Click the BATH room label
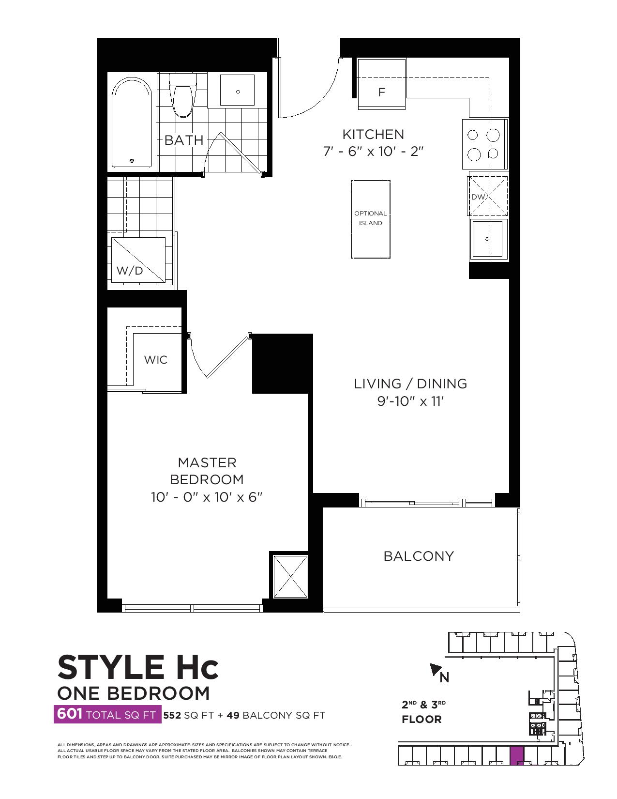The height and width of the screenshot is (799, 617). point(184,140)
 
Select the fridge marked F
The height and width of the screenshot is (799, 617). point(382,83)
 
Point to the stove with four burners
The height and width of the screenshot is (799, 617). point(485,144)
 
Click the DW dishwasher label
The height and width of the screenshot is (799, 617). point(479,197)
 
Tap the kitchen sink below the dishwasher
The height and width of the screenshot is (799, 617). point(488,239)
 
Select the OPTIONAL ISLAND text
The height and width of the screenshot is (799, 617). point(370,218)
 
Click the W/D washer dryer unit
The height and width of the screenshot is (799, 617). point(138,260)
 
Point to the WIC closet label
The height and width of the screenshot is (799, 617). point(156,360)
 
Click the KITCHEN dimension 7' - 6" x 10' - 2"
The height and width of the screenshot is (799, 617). point(374,151)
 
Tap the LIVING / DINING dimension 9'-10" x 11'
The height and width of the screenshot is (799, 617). point(410,401)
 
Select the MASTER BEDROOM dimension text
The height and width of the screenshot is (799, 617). point(207,497)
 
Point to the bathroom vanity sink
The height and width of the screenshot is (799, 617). point(238,91)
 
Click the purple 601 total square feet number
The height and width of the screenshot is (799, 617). point(69,714)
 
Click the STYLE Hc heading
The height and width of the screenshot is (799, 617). point(138,667)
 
